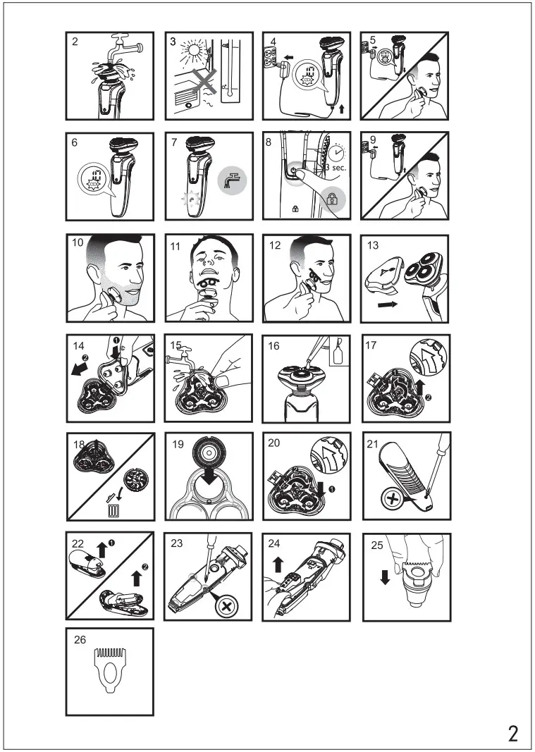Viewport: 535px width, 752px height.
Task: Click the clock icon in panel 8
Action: coord(339,152)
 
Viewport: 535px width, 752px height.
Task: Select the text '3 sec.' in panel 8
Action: coord(336,167)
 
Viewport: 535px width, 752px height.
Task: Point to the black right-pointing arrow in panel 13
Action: coord(388,304)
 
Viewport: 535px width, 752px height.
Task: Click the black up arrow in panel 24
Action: coord(276,564)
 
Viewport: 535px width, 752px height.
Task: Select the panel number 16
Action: coord(273,346)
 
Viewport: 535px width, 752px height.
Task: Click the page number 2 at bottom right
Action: coord(513,734)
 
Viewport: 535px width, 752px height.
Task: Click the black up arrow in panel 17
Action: coord(420,386)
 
